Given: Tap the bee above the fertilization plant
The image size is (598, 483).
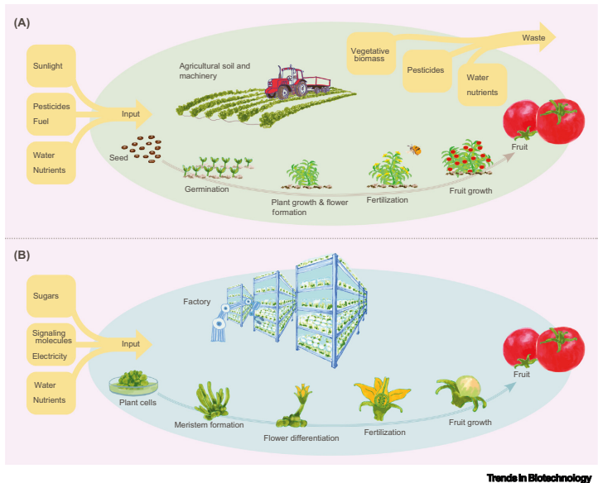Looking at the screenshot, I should (413, 150).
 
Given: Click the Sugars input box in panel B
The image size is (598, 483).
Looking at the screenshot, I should (52, 294).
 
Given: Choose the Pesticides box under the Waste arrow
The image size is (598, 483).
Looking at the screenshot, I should (426, 71).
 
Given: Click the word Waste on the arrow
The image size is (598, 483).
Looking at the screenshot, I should (533, 38).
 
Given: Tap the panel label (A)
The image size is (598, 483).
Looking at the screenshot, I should (22, 24).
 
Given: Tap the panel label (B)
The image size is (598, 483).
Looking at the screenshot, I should (22, 255).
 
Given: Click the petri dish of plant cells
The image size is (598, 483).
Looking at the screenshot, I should (134, 383).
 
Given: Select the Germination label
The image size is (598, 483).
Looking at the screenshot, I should (206, 189).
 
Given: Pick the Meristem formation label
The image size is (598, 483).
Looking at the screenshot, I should (210, 425).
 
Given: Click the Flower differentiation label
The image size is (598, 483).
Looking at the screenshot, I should (301, 438).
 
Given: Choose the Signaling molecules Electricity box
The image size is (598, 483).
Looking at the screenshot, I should (52, 343).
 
